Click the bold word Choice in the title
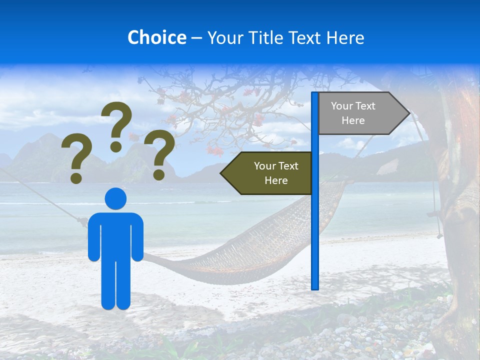click(x=156, y=37)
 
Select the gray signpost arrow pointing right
click(x=360, y=113)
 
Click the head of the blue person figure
click(x=115, y=198)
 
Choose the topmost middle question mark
click(x=117, y=120)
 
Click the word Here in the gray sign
click(x=353, y=120)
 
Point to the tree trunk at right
click(x=457, y=200)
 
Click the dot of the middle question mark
click(x=116, y=146)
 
